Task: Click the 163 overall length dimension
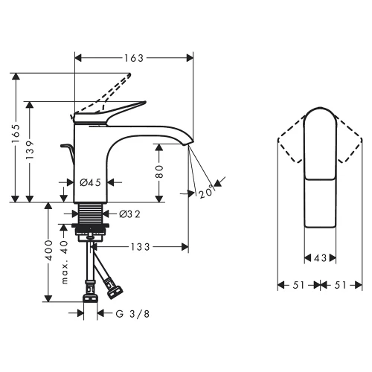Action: [x=134, y=57]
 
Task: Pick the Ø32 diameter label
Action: [x=130, y=214]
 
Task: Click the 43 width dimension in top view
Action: [x=321, y=258]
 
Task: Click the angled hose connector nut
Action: [x=115, y=284]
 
